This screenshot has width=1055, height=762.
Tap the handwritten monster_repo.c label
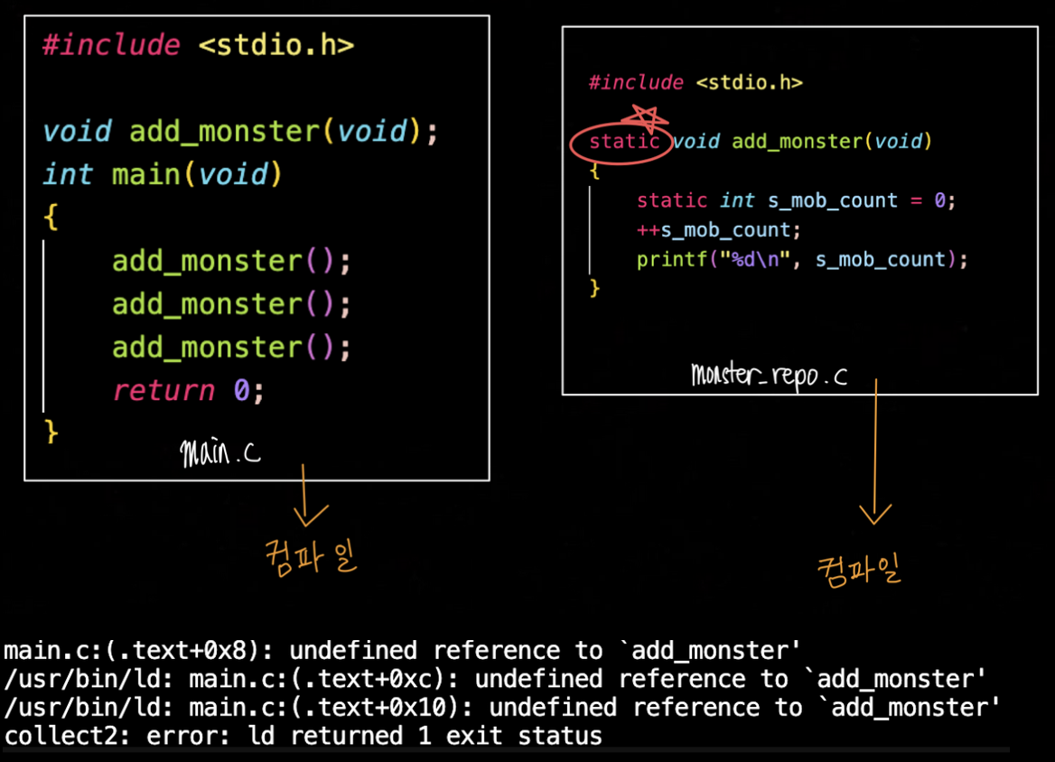[x=769, y=374]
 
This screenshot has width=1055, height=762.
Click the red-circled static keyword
[x=623, y=142]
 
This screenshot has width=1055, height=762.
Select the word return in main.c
[x=163, y=390]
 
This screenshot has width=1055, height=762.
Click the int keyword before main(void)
[x=67, y=174]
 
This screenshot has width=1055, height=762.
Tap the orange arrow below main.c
[x=310, y=495]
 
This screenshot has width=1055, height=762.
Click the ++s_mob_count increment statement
[x=717, y=230]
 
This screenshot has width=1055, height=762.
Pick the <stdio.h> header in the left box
[x=275, y=45]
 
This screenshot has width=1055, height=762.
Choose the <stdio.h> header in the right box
[x=749, y=83]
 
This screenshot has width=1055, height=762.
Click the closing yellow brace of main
[x=51, y=432]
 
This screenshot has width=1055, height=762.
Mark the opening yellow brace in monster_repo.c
[x=593, y=170]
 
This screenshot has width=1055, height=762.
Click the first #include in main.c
[x=110, y=45]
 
